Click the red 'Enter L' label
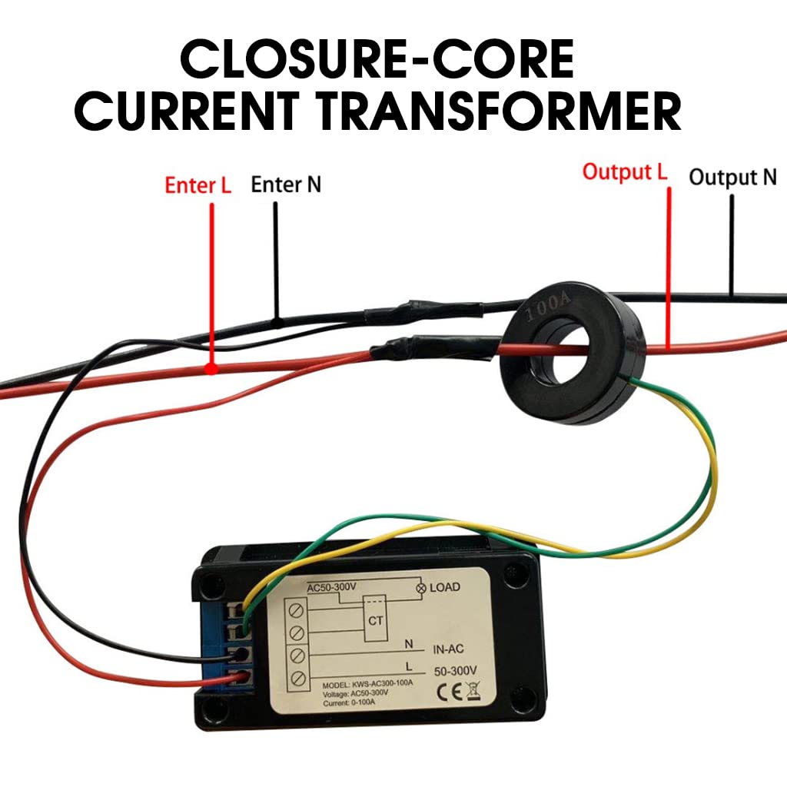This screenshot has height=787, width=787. click(198, 186)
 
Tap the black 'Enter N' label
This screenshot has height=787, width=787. click(286, 184)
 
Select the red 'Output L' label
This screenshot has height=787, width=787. click(624, 171)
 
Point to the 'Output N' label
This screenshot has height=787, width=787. click(732, 178)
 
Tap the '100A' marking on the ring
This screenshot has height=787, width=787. click(547, 309)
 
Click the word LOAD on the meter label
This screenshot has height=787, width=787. click(445, 587)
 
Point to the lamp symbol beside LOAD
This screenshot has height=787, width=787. click(420, 588)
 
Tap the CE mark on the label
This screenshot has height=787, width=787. click(448, 689)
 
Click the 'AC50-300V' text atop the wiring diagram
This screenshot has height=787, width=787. click(331, 587)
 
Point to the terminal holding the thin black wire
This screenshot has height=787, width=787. click(242, 655)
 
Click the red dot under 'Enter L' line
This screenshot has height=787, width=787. click(211, 370)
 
